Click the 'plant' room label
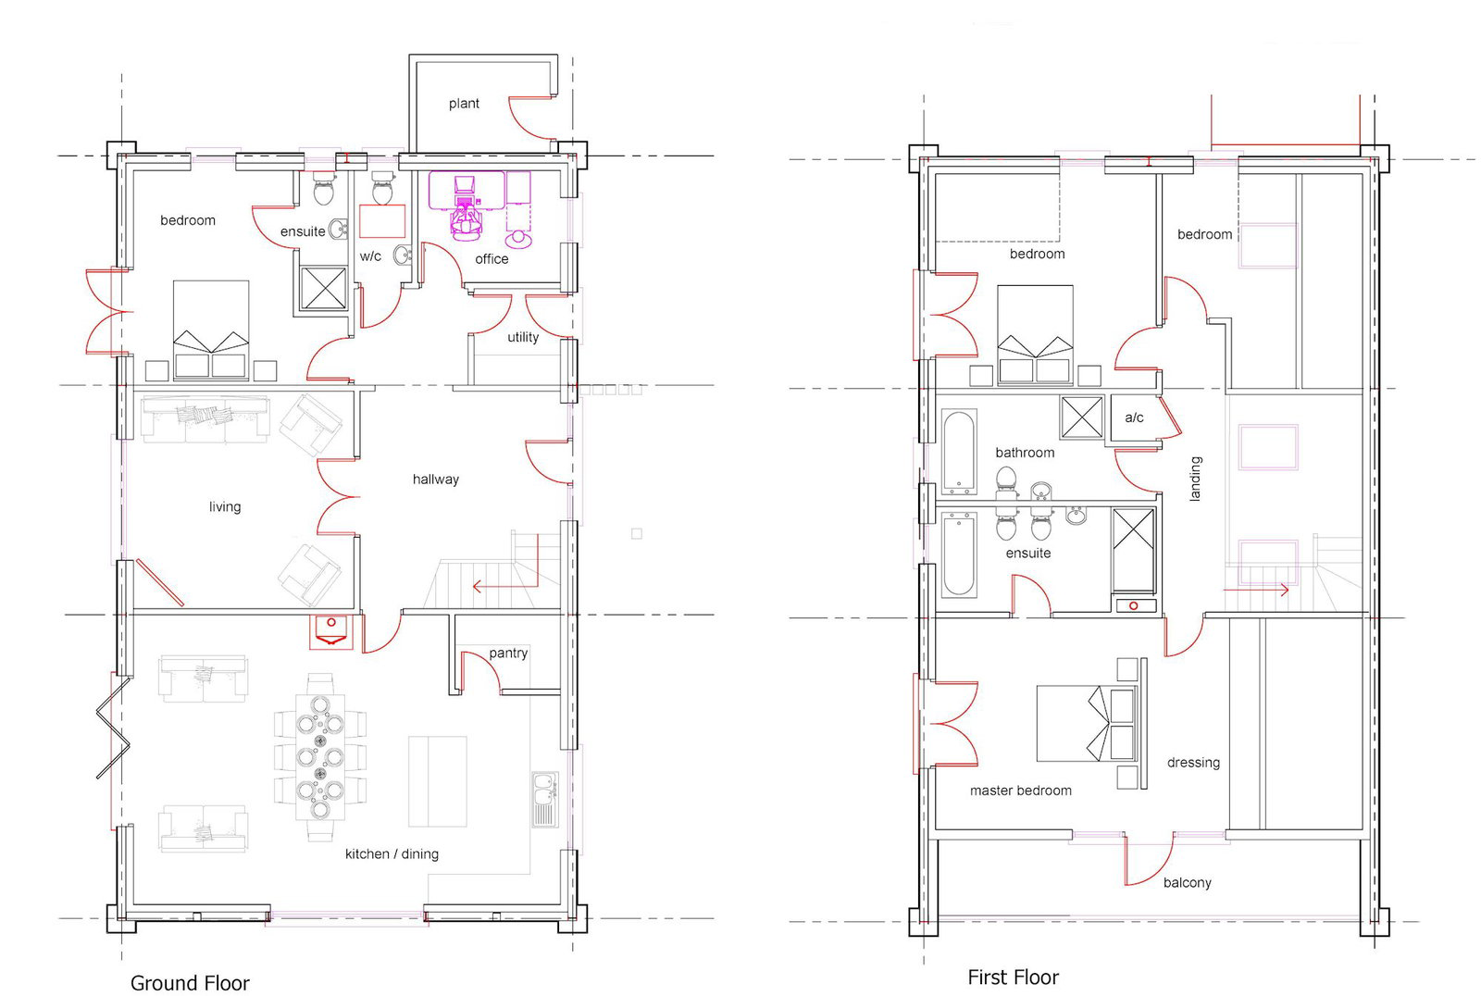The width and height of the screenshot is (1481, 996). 464,104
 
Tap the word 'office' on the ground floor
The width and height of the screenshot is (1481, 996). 492,259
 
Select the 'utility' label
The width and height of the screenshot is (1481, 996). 522,337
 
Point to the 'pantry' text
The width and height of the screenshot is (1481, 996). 508,654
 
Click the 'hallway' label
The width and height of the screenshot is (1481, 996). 435,479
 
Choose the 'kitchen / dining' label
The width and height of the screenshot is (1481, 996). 392,853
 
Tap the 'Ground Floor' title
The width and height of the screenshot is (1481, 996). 190,983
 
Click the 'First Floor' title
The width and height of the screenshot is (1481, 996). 1013,977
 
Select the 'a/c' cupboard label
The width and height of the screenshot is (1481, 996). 1134,417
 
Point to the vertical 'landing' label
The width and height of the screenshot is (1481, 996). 1195,479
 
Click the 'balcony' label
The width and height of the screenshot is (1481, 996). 1187,883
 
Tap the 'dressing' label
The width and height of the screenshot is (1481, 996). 1193,763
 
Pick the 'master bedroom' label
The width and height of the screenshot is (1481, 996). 1020,791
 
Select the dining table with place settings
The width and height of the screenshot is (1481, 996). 320,757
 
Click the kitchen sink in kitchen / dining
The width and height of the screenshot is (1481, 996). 545,799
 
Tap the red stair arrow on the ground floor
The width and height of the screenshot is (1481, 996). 505,586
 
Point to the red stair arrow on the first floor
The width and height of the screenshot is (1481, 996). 1256,590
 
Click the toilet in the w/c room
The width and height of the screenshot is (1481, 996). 382,188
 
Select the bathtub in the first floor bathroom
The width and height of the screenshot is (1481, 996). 959,452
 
